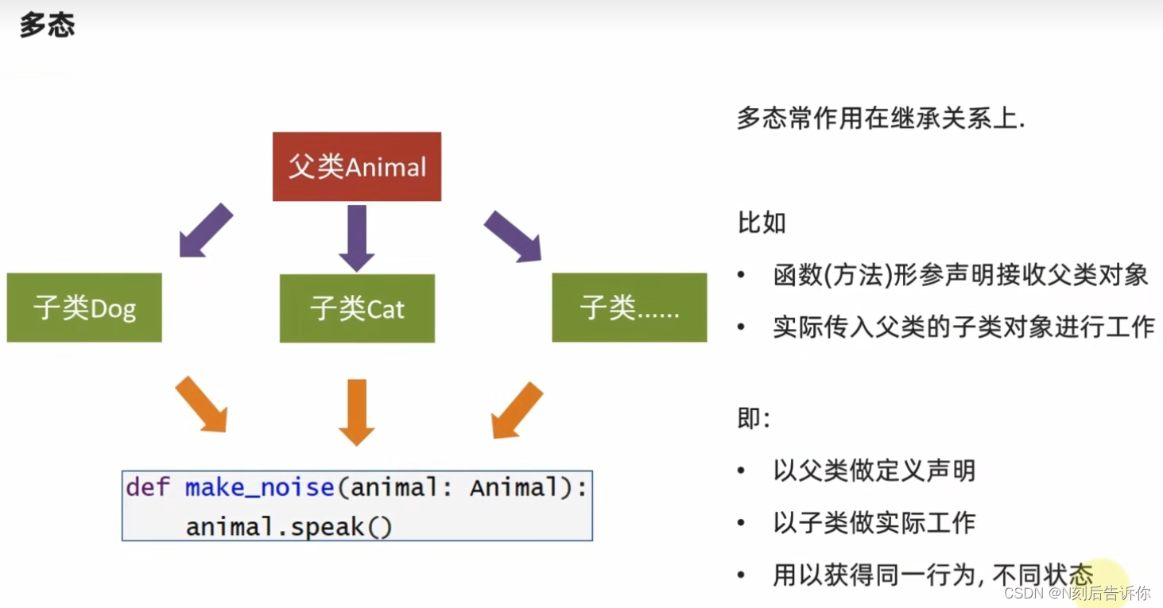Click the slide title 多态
(47, 26)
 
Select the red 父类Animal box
(357, 166)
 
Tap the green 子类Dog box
(84, 308)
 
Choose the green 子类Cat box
(357, 308)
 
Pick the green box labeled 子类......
(629, 308)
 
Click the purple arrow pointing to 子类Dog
(204, 230)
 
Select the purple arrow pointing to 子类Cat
(357, 237)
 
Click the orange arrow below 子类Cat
(357, 411)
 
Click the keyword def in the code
(148, 487)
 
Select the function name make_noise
(259, 487)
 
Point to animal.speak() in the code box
(289, 526)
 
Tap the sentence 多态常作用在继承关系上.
(881, 119)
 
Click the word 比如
(762, 223)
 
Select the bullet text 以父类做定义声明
(874, 471)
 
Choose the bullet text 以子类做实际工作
(874, 522)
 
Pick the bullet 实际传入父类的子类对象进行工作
(963, 327)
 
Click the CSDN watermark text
(1076, 593)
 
